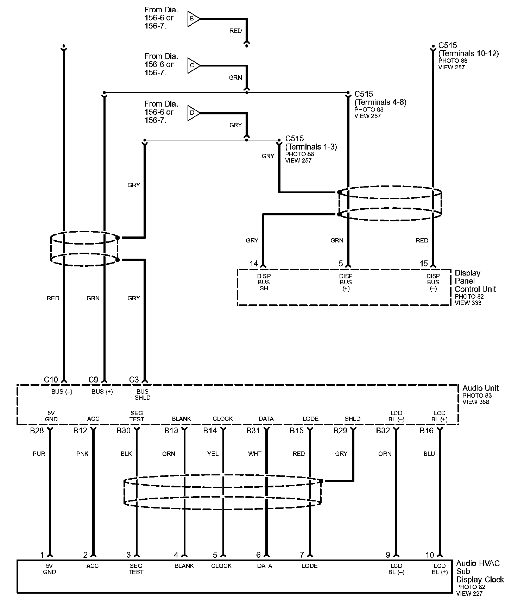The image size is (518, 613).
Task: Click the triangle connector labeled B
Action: (x=193, y=18)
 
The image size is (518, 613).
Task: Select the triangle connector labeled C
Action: (x=193, y=65)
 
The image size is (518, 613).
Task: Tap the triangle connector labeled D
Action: (x=193, y=113)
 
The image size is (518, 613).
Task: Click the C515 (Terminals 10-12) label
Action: (x=468, y=50)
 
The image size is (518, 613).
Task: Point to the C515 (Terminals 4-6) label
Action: (x=380, y=98)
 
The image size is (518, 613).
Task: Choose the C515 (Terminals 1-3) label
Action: (x=311, y=143)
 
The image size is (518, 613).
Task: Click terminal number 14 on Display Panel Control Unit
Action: (x=254, y=264)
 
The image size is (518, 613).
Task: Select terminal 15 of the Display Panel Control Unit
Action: (x=424, y=264)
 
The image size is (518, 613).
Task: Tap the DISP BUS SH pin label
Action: (x=264, y=282)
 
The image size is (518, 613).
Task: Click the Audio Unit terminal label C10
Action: (x=51, y=380)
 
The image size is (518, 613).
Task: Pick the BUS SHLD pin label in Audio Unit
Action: (x=143, y=394)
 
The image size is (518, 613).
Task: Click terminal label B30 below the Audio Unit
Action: (x=124, y=431)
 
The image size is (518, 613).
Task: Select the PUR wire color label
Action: (x=39, y=454)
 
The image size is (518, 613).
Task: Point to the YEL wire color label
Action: (x=213, y=454)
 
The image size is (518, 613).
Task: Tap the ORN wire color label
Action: (x=385, y=454)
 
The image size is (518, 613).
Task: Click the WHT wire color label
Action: (x=255, y=454)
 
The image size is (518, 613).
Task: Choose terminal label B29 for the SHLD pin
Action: (x=340, y=431)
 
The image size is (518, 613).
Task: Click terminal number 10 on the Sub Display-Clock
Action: (x=430, y=555)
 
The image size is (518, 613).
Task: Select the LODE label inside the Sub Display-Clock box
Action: (x=309, y=566)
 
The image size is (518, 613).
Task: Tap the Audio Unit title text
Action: (x=480, y=388)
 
